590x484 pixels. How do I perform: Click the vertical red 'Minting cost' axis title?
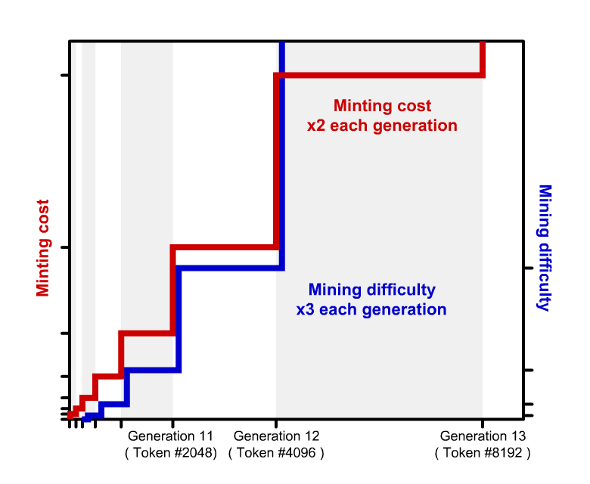(43, 248)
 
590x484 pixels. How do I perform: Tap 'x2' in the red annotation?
(316, 126)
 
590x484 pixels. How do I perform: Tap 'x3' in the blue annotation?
(306, 309)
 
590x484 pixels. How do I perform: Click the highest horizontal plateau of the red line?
(378, 74)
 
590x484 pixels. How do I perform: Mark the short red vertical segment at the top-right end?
(482, 58)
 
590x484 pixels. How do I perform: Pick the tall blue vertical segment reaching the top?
(281, 151)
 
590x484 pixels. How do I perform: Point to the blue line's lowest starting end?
(86, 417)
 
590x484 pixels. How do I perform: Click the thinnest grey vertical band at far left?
(73, 227)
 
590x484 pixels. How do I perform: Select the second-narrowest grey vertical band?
(88, 227)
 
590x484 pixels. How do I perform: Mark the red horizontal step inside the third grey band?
(147, 333)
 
